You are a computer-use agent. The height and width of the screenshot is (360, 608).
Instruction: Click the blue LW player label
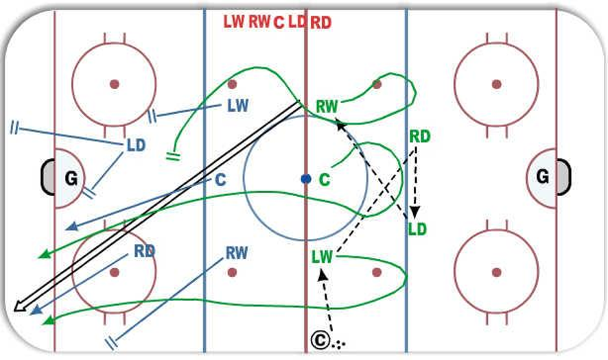coord(237,106)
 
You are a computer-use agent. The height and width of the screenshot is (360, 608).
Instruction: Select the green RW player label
coord(327,106)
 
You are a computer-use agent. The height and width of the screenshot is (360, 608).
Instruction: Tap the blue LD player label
coord(136,145)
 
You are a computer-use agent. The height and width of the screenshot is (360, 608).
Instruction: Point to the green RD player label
coord(420,136)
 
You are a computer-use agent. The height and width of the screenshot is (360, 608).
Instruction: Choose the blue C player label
coord(220,180)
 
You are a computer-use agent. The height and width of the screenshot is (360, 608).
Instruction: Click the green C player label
coord(324,180)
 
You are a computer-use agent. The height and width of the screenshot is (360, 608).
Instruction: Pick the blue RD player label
coord(144,251)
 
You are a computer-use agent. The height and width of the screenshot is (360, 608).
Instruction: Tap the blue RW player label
coord(237,254)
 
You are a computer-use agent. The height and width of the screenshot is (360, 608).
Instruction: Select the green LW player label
coord(323,257)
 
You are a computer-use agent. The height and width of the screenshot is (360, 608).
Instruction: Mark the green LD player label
coord(417,230)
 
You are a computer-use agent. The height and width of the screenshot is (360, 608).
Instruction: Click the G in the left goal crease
coord(71,179)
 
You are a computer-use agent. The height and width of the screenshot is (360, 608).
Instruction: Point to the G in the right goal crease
coord(543,177)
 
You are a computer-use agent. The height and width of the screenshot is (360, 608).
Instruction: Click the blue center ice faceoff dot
coord(306,179)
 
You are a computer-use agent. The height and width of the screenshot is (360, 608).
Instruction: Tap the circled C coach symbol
coord(320,340)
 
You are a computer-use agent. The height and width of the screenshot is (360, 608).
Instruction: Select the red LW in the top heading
coord(234,22)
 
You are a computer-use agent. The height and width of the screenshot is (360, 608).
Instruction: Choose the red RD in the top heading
coord(321,23)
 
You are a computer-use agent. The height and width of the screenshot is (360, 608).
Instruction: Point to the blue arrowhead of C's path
coord(72,226)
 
